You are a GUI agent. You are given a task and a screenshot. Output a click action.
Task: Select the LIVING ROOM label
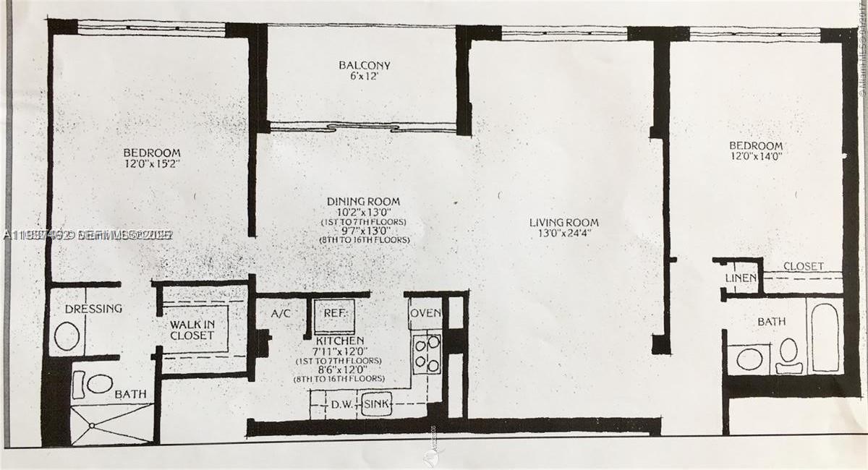[563, 222]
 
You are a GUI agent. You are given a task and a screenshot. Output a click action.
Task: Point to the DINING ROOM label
[363, 201]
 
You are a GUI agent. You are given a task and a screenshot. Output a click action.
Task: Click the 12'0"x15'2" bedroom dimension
[151, 166]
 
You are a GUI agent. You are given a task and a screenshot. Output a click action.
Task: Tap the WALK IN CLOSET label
[192, 330]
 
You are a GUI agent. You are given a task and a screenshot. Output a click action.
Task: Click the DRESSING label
[93, 309]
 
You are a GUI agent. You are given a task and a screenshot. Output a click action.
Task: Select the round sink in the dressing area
[67, 336]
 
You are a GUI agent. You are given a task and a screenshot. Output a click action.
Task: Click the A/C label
[281, 314]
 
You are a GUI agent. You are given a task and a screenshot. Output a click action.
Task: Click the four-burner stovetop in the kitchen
[427, 354]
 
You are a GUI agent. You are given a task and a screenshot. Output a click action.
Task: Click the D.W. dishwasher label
[341, 404]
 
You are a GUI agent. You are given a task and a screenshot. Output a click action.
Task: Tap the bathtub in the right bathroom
[825, 336]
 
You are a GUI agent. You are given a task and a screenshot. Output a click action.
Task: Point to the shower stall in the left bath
[112, 424]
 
